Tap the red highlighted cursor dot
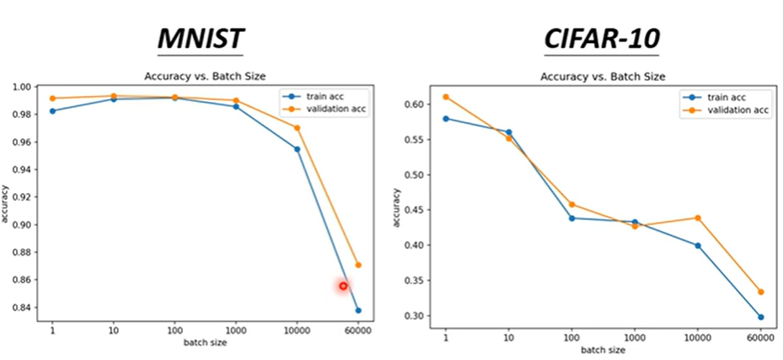pyautogui.click(x=343, y=286)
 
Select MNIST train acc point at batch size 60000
pyautogui.click(x=358, y=310)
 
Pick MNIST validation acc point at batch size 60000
pyautogui.click(x=358, y=265)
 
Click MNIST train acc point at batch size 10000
pyautogui.click(x=298, y=149)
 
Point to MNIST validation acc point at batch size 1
pyautogui.click(x=52, y=99)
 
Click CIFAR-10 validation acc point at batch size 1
pyautogui.click(x=446, y=97)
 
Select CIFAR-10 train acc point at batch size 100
pyautogui.click(x=571, y=218)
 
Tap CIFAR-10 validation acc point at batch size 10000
pyautogui.click(x=698, y=218)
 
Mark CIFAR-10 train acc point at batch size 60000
pyautogui.click(x=760, y=317)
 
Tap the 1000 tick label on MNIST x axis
pyautogui.click(x=236, y=330)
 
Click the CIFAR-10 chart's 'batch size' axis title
pyautogui.click(x=603, y=349)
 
